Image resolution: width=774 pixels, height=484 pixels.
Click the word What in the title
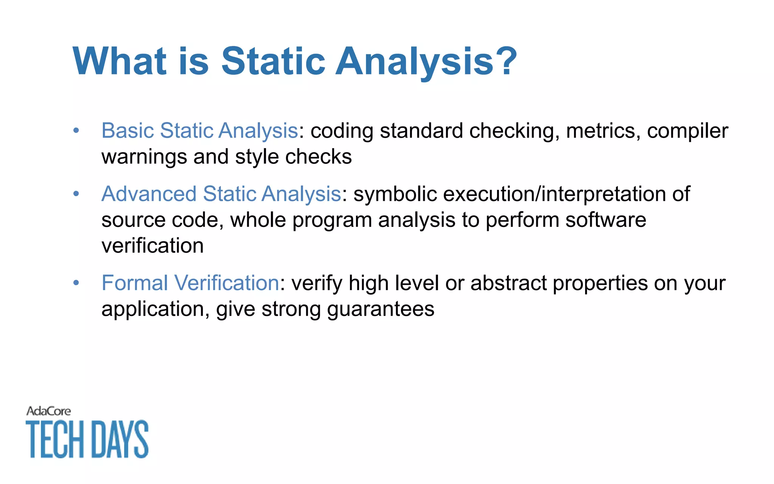[x=119, y=61]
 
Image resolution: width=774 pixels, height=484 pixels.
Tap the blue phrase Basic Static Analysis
[x=200, y=131]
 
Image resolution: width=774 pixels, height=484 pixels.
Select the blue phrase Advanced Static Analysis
[x=221, y=194]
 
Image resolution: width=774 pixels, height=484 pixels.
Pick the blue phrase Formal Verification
[x=190, y=283]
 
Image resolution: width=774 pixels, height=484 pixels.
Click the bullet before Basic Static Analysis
[x=76, y=131]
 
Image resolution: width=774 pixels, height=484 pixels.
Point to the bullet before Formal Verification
[x=76, y=283]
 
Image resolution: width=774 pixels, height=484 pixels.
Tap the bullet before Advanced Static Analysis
[x=76, y=194]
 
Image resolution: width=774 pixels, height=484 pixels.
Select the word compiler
[x=687, y=131]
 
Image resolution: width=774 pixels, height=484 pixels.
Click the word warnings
[x=144, y=157]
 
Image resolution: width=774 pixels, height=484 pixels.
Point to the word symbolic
[x=395, y=194]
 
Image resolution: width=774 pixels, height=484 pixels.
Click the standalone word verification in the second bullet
[x=152, y=246]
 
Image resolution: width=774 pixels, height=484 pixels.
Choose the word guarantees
[x=381, y=309]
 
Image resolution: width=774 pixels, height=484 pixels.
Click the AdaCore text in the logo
[x=48, y=411]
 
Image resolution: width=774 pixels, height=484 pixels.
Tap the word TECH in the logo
[x=55, y=439]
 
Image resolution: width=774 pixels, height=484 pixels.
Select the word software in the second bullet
[x=605, y=220]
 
